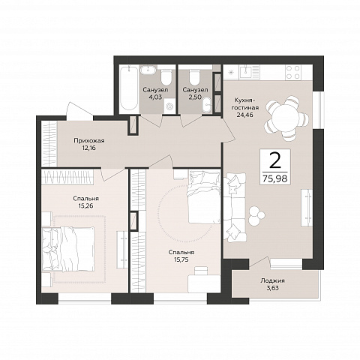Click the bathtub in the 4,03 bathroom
tap(128, 88)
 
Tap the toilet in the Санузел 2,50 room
tap(194, 76)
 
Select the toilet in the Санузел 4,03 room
tap(166, 76)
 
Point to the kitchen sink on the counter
tap(247, 70)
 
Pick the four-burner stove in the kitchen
tap(293, 72)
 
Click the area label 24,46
tap(245, 115)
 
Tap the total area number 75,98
tap(275, 178)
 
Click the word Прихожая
tap(89, 141)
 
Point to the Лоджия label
tap(272, 280)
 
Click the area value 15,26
tap(85, 205)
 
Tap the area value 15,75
tap(181, 259)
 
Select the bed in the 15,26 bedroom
tap(68, 249)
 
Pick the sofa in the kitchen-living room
tap(235, 207)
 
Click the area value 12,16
tap(89, 148)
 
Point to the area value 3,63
tap(272, 288)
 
